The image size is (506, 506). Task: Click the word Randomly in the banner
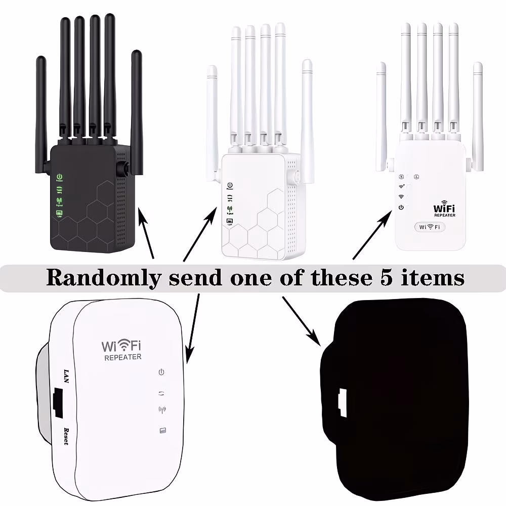point(104,277)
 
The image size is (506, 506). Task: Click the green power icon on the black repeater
point(59,177)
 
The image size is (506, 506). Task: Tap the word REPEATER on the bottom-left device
point(122,357)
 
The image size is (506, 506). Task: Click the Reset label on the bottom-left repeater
point(66,436)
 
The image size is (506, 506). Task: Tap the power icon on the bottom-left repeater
point(162,372)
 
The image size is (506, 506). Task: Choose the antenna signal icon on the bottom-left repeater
point(162,410)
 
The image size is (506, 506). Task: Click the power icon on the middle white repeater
point(230,186)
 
